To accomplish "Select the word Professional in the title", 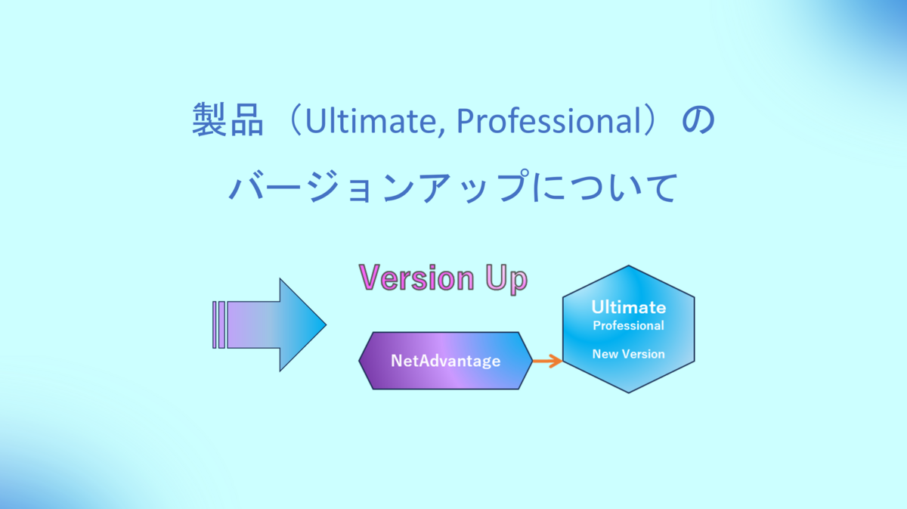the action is (x=548, y=121).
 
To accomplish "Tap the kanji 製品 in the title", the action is (x=228, y=120).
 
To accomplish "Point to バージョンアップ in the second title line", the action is (x=379, y=186).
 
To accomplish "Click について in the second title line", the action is (x=605, y=187).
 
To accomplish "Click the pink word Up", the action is (x=506, y=279).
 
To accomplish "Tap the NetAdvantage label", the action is (x=445, y=361).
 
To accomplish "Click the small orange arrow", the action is (x=547, y=361).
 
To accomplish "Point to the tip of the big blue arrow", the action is (x=326, y=324).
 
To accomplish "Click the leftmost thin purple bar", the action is (x=215, y=324).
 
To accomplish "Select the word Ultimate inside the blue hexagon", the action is (x=628, y=308).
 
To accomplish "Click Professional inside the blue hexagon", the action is (x=628, y=325).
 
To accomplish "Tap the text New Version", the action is (x=628, y=354).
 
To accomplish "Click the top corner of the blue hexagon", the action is (x=628, y=266).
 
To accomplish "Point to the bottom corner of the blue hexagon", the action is (x=628, y=393).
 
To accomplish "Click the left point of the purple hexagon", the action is (x=359, y=360).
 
